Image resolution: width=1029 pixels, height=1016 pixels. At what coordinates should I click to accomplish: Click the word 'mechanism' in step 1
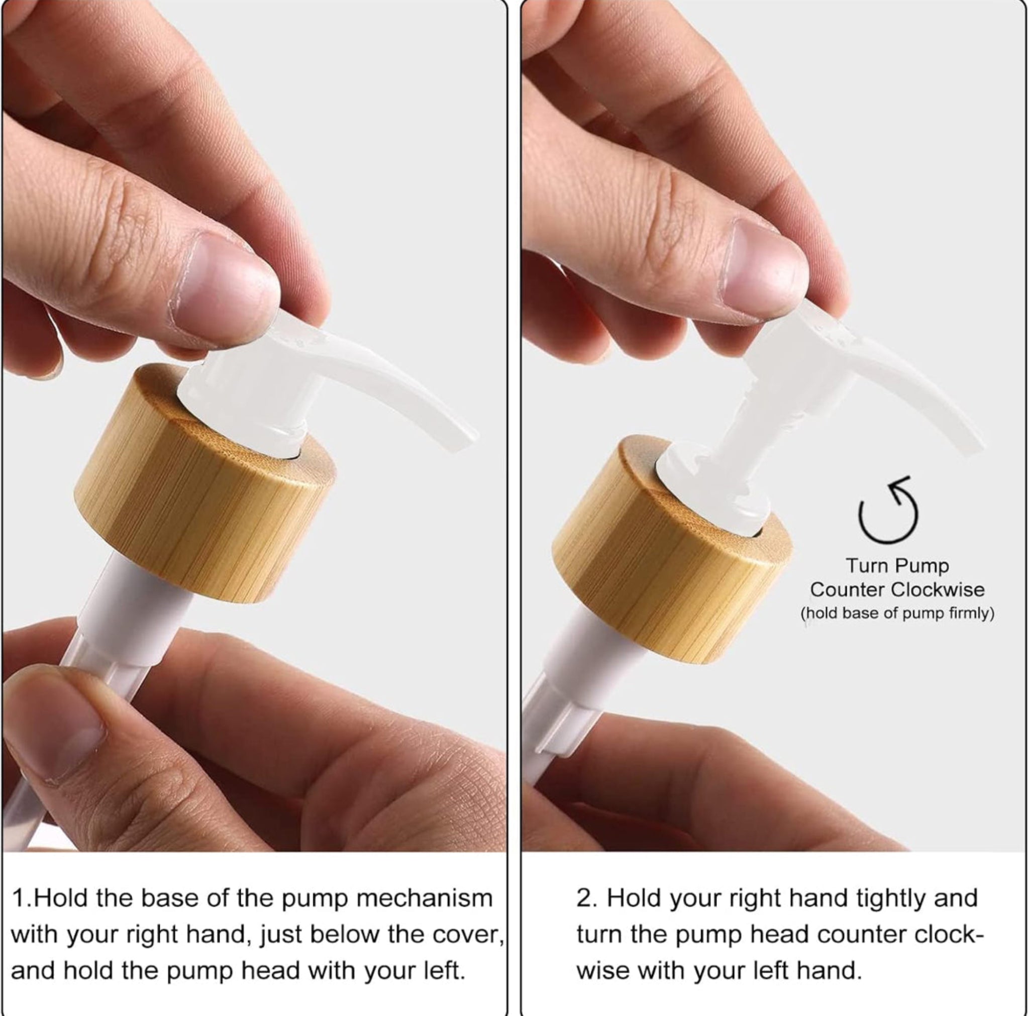point(424,899)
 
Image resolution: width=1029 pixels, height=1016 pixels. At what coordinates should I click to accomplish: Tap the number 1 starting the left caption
point(18,899)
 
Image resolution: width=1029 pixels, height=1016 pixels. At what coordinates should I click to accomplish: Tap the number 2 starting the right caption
point(584,899)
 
